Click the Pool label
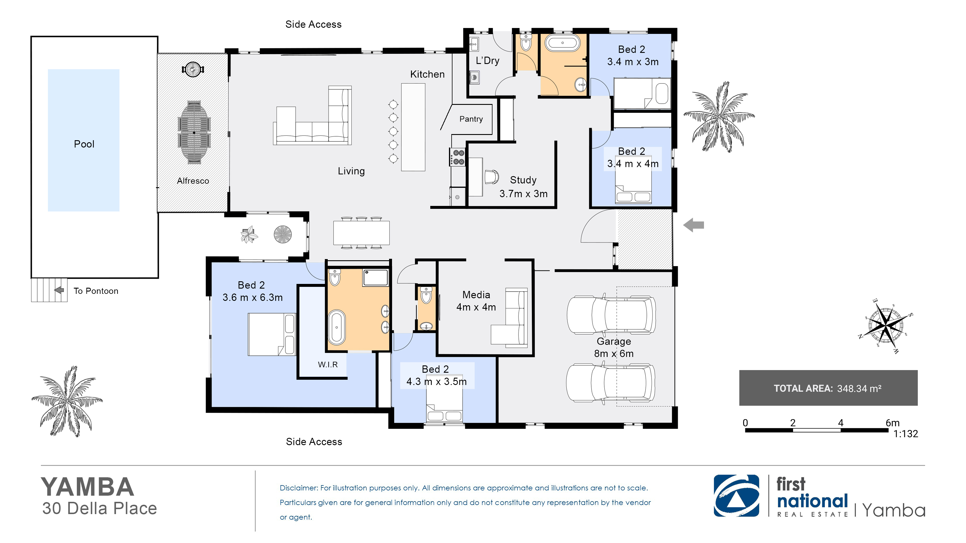[84, 144]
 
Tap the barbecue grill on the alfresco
[193, 70]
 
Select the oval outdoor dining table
[194, 132]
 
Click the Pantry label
[471, 119]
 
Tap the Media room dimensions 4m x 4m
[476, 307]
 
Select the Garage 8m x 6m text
[614, 347]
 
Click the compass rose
[886, 325]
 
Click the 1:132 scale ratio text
[906, 434]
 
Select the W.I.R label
[328, 365]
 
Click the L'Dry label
[488, 60]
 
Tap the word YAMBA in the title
[87, 487]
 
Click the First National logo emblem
[736, 496]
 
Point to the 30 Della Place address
[99, 509]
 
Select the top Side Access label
[313, 24]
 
